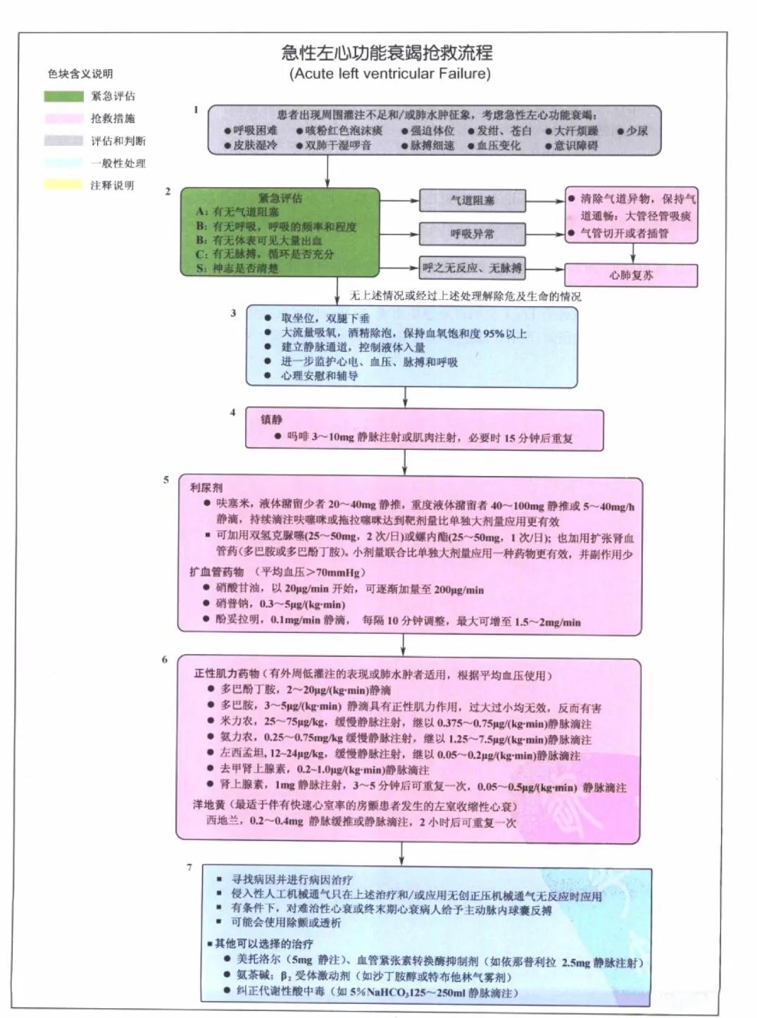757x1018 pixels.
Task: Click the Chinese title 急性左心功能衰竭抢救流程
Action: (x=387, y=53)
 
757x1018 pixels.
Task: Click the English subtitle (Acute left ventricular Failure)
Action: (x=389, y=74)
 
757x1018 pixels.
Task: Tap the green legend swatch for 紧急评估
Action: (x=63, y=96)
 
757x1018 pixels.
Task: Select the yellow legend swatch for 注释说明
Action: (x=63, y=185)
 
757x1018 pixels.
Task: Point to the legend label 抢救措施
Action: (x=113, y=118)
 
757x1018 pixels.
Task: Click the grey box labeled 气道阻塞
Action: (x=473, y=201)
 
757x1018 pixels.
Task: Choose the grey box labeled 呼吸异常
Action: (x=473, y=233)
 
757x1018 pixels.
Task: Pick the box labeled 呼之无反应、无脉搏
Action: (x=473, y=268)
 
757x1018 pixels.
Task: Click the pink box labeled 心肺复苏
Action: (x=631, y=275)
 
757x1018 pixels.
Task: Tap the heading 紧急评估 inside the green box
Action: (x=280, y=198)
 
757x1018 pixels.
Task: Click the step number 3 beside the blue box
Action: (x=233, y=313)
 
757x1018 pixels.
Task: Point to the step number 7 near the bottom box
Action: (x=189, y=867)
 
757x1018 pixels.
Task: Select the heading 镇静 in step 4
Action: (x=271, y=420)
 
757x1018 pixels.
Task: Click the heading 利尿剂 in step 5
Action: (x=206, y=487)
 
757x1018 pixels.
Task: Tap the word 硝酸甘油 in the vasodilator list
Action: (x=237, y=589)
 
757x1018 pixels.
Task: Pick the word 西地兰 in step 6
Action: (x=223, y=822)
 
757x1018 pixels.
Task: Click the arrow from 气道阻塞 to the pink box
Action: (x=545, y=201)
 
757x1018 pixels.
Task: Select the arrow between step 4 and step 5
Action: (x=405, y=463)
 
